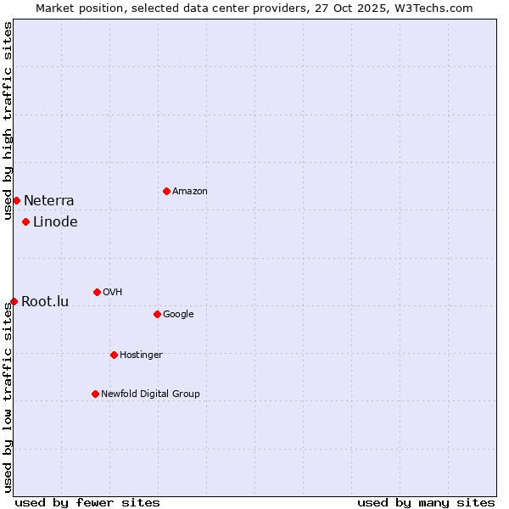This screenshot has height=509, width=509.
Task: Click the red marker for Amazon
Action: pos(166,191)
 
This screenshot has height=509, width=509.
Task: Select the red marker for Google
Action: pos(157,314)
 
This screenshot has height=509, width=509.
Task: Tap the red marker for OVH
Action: pos(97,292)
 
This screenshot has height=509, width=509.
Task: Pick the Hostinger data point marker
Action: pos(114,355)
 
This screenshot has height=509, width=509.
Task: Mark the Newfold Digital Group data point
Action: pos(95,394)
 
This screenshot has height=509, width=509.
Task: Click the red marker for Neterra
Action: pos(16,200)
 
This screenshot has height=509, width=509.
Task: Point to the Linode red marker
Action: pos(25,221)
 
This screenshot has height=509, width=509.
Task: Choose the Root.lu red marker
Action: pos(14,301)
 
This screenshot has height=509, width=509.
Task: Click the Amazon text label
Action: pos(190,191)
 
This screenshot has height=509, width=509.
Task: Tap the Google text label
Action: pos(178,314)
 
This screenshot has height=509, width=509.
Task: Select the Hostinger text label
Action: pos(141,355)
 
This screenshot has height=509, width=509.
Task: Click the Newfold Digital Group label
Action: pos(150,394)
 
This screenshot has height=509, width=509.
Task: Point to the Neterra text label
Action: pos(49,201)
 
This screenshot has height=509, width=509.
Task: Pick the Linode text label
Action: pos(55,222)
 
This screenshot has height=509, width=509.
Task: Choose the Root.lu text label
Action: pos(45,302)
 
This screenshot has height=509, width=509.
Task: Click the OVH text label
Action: pos(113,292)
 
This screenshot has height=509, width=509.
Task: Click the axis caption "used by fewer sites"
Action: pos(87,502)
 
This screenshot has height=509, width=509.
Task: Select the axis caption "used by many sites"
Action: pos(426,502)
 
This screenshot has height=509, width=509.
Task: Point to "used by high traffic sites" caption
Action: pos(8,120)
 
